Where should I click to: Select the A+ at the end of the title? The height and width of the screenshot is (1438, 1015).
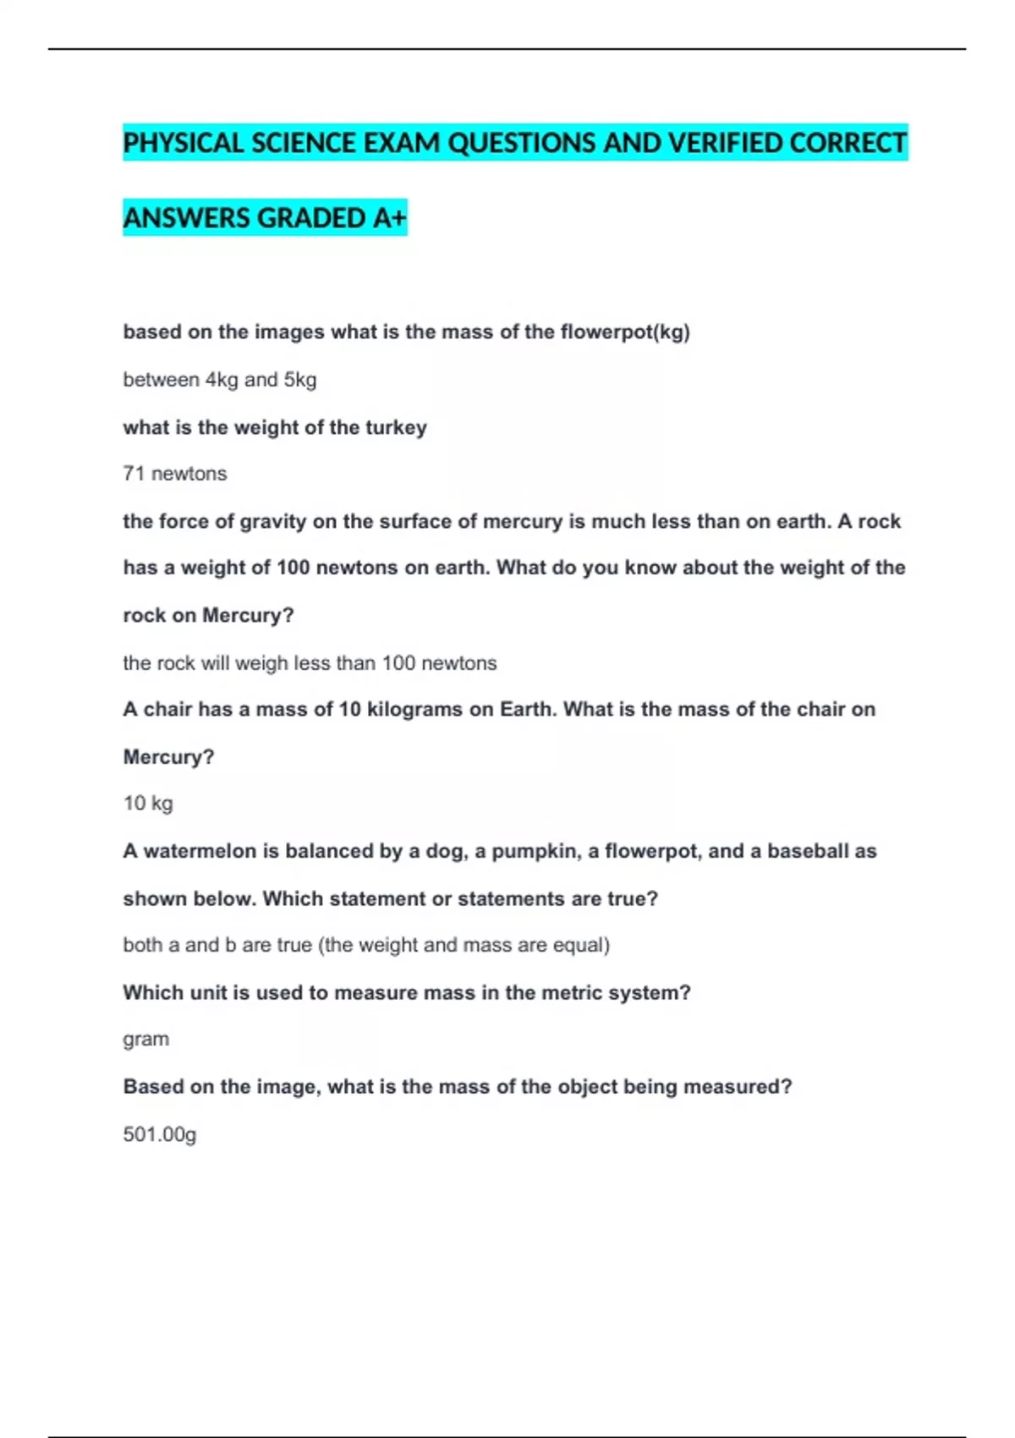pyautogui.click(x=390, y=218)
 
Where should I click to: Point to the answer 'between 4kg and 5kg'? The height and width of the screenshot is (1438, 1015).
pyautogui.click(x=220, y=380)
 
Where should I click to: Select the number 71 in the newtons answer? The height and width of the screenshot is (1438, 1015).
pyautogui.click(x=134, y=474)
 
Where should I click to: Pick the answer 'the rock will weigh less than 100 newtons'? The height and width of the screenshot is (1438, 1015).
pyautogui.click(x=310, y=663)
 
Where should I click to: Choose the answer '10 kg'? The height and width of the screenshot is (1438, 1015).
pyautogui.click(x=148, y=804)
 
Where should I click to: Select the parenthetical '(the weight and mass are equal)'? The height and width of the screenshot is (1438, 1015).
pyautogui.click(x=464, y=945)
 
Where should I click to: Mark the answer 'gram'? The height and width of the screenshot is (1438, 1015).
pyautogui.click(x=145, y=1040)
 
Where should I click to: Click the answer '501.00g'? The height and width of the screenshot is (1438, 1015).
pyautogui.click(x=160, y=1134)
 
